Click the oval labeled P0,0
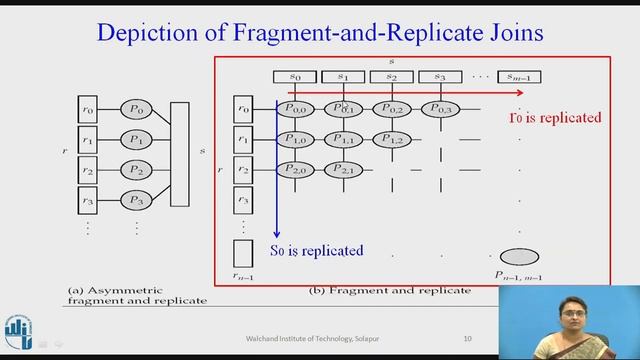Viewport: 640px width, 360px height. (x=298, y=108)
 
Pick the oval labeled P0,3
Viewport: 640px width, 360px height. (x=441, y=108)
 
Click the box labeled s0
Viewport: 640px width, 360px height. (x=295, y=77)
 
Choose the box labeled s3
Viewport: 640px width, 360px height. (x=439, y=77)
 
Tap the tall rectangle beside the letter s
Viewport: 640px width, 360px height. (x=180, y=153)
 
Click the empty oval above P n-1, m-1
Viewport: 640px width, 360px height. (x=520, y=257)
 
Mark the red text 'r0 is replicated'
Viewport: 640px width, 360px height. (x=555, y=118)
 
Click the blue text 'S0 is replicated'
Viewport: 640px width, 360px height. (x=317, y=249)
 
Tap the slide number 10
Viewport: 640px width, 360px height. (x=468, y=338)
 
